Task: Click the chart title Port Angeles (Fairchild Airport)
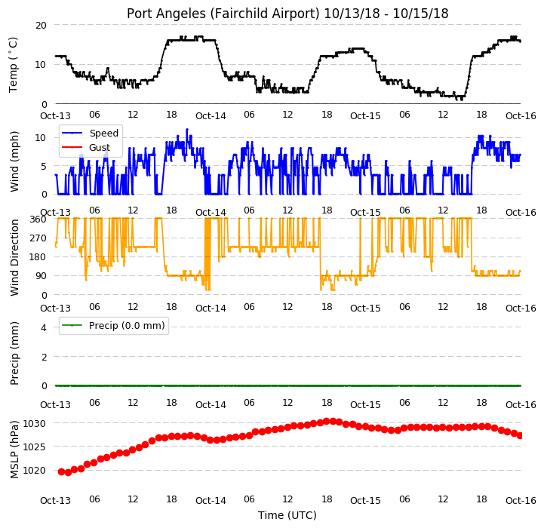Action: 223,14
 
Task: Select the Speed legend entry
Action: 90,134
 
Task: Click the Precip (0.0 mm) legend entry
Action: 113,325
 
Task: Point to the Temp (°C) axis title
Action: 13,65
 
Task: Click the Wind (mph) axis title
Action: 14,161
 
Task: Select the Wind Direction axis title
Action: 14,257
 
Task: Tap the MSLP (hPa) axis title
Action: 14,450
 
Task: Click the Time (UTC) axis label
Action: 287,515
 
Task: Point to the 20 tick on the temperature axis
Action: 41,26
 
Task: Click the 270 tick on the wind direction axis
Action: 38,238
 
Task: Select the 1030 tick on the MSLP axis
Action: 35,424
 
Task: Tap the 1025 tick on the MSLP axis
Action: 35,447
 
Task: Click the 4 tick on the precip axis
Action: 44,327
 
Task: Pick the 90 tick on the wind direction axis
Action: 41,276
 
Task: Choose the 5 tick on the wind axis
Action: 44,167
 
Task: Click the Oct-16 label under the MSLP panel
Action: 521,501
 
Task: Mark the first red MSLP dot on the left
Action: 61,471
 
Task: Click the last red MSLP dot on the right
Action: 520,436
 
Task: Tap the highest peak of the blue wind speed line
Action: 187,130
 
